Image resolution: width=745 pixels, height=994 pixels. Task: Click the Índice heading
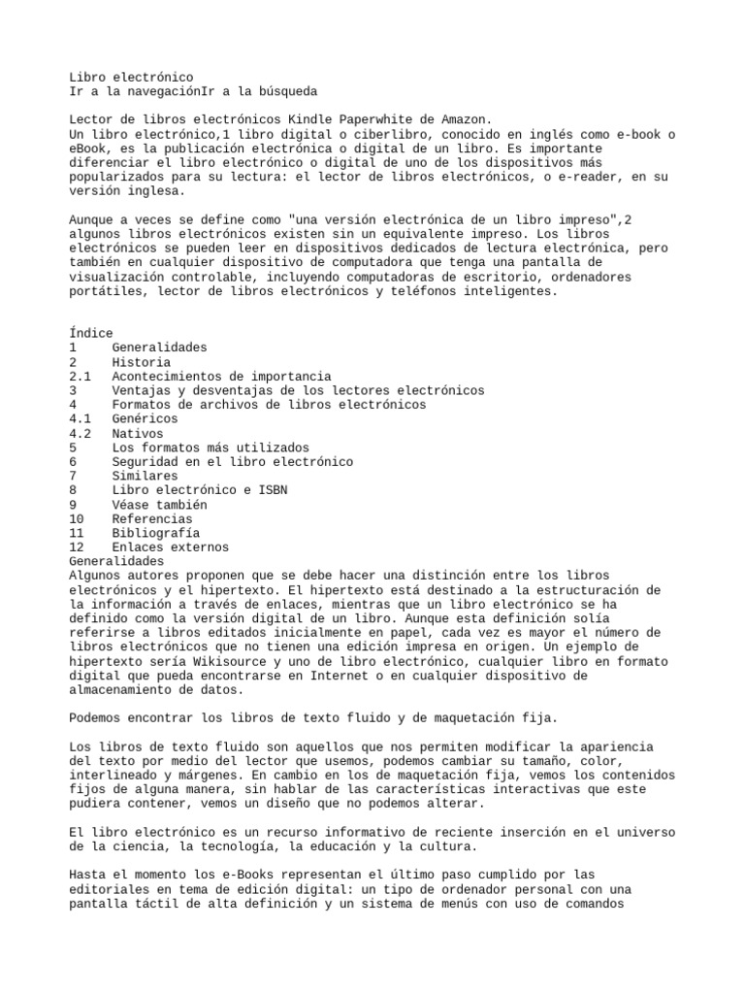pos(91,333)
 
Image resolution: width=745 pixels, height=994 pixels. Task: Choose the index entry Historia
pos(141,362)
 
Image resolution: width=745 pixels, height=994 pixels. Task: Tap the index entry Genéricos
pos(145,419)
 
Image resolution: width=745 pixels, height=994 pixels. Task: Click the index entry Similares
pos(145,477)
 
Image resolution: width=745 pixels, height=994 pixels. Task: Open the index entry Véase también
pos(159,505)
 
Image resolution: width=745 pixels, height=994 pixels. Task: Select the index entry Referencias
pos(152,519)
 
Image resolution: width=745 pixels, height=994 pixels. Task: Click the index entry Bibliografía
pos(155,534)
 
